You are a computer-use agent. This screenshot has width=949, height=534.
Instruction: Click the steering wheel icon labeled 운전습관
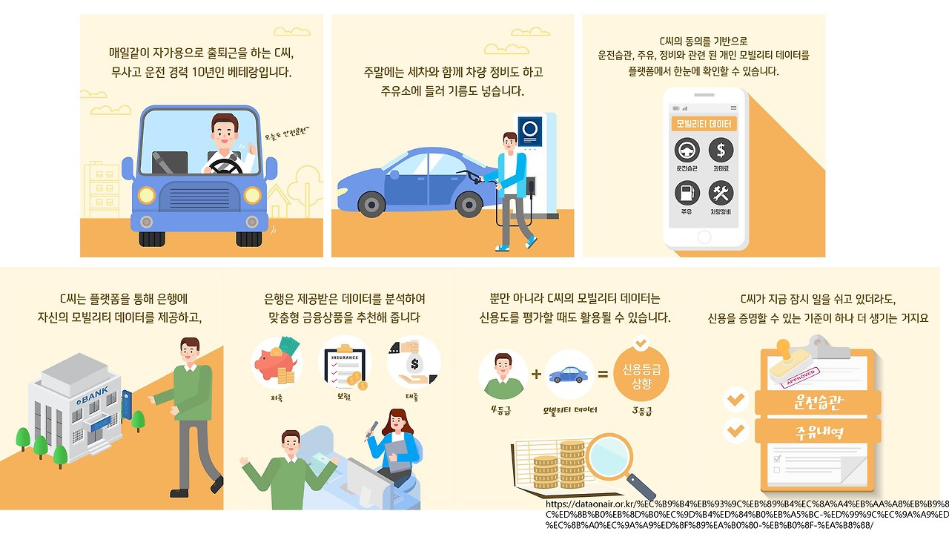[x=687, y=151]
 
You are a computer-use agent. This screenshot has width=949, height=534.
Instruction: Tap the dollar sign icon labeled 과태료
[x=721, y=151]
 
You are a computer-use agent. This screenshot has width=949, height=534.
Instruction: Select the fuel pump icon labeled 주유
[x=687, y=194]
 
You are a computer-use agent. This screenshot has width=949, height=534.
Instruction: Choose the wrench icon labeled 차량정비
[x=721, y=194]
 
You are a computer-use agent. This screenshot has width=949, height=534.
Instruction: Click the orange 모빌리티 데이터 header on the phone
[x=704, y=123]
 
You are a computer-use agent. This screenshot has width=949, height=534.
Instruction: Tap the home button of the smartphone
[x=704, y=237]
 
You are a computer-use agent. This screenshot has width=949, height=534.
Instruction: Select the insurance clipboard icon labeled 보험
[x=343, y=363]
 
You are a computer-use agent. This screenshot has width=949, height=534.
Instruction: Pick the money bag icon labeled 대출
[x=413, y=363]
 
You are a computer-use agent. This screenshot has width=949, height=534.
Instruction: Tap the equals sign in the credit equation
[x=603, y=375]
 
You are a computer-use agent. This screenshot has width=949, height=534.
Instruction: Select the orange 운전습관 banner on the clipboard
[x=817, y=403]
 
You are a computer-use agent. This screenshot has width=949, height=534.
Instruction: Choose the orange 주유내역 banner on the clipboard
[x=817, y=431]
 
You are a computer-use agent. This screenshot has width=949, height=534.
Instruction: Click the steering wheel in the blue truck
[x=225, y=166]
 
